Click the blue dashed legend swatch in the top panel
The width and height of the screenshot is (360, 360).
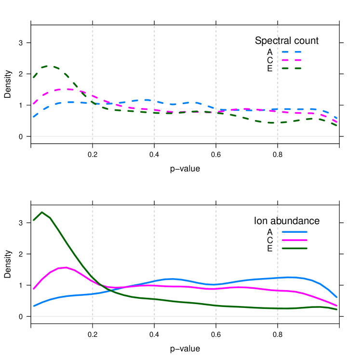(292, 52)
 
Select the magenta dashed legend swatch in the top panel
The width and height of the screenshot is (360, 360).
(292, 60)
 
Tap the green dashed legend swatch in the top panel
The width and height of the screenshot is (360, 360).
(292, 68)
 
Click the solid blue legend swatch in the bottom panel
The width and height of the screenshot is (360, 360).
(294, 232)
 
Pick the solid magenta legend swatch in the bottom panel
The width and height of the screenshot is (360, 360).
(294, 240)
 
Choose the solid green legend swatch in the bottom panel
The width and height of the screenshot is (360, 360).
(294, 248)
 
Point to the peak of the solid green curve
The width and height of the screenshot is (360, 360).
(42, 212)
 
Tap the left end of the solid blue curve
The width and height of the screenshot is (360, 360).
(33, 306)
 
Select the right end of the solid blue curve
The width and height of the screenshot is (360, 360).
(336, 297)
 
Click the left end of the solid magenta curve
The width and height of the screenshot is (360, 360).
(33, 289)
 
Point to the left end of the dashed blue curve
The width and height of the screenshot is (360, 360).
(33, 116)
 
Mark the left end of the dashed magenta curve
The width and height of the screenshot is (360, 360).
(33, 103)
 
